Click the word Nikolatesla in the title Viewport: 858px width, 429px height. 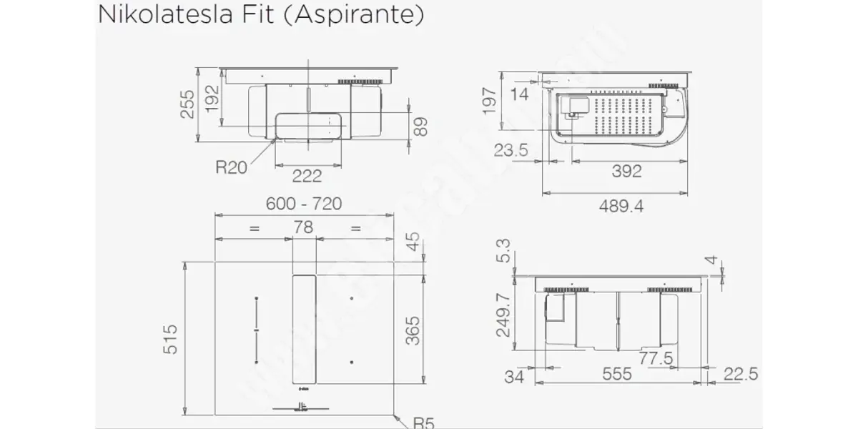coord(165,14)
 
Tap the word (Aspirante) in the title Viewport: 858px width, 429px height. coord(353,15)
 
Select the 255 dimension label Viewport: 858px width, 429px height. coord(187,104)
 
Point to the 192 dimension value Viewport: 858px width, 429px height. coord(212,99)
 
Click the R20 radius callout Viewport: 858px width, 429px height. coord(231,167)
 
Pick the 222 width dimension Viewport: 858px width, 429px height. coord(307,176)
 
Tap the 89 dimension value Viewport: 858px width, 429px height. coord(420,127)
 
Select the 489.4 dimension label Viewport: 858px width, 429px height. coord(621,207)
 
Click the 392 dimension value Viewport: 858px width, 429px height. coord(626,171)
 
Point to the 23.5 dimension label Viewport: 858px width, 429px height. coord(511,150)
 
